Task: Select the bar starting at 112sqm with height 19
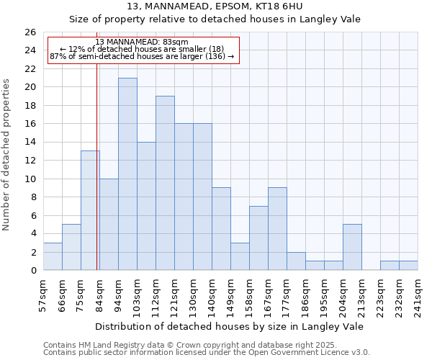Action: coord(165,183)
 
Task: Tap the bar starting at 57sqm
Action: coord(53,256)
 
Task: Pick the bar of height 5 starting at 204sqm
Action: coord(352,247)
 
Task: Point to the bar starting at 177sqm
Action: coord(296,261)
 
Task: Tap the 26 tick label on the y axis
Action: coord(30,32)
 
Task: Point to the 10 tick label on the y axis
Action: coord(30,179)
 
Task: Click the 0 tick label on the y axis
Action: coord(32,271)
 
